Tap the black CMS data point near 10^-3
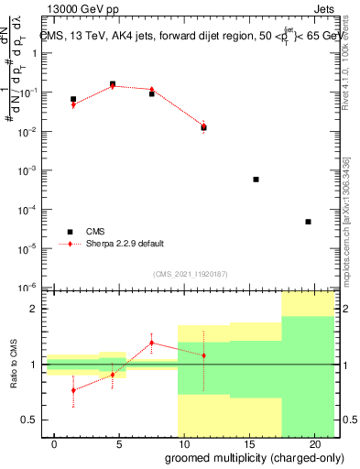(256, 180)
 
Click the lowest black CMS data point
(308, 222)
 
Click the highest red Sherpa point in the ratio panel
(152, 343)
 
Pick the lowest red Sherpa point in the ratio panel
(73, 390)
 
